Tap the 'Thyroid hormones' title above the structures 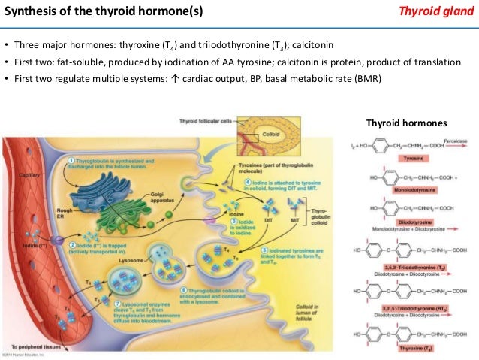(x=405, y=123)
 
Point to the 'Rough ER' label (x=65, y=214)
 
